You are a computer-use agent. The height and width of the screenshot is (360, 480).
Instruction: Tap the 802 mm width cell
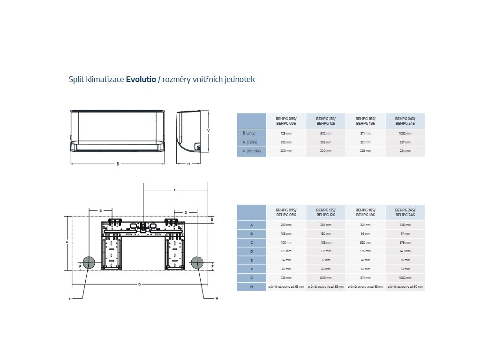pyautogui.click(x=326, y=133)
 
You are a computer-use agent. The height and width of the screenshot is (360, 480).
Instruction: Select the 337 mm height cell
pyautogui.click(x=405, y=142)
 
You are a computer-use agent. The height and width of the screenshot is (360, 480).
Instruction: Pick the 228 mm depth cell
pyautogui.click(x=365, y=150)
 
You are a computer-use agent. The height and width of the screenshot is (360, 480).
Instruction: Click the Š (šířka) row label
pyautogui.click(x=251, y=133)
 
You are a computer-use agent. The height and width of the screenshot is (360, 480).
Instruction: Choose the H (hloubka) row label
pyautogui.click(x=251, y=150)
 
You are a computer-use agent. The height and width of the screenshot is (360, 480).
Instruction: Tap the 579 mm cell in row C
pyautogui.click(x=405, y=243)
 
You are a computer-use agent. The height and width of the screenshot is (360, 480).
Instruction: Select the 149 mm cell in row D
pyautogui.click(x=405, y=251)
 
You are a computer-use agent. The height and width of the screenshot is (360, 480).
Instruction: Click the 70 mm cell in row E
pyautogui.click(x=405, y=260)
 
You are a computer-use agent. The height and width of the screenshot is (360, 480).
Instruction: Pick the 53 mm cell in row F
pyautogui.click(x=405, y=269)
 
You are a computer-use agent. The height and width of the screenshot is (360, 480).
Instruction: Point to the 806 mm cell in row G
pyautogui.click(x=326, y=277)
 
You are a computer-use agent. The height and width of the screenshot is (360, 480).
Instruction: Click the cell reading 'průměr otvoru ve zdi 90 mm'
pyautogui.click(x=405, y=286)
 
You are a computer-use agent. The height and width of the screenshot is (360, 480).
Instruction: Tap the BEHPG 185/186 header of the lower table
pyautogui.click(x=365, y=212)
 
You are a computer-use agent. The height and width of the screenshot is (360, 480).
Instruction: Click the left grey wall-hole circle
pyautogui.click(x=89, y=262)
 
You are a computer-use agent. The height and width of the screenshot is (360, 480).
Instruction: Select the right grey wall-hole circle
pyautogui.click(x=197, y=262)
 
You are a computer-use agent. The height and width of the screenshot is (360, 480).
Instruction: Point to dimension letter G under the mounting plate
pyautogui.click(x=139, y=285)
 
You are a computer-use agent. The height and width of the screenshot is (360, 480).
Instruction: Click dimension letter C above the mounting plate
pyautogui.click(x=175, y=190)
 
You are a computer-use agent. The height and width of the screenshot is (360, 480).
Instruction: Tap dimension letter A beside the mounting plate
pyautogui.click(x=67, y=242)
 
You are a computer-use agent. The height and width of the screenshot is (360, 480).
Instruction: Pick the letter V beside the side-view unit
pyautogui.click(x=208, y=130)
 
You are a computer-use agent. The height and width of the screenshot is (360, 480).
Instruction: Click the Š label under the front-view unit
pyautogui.click(x=117, y=164)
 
